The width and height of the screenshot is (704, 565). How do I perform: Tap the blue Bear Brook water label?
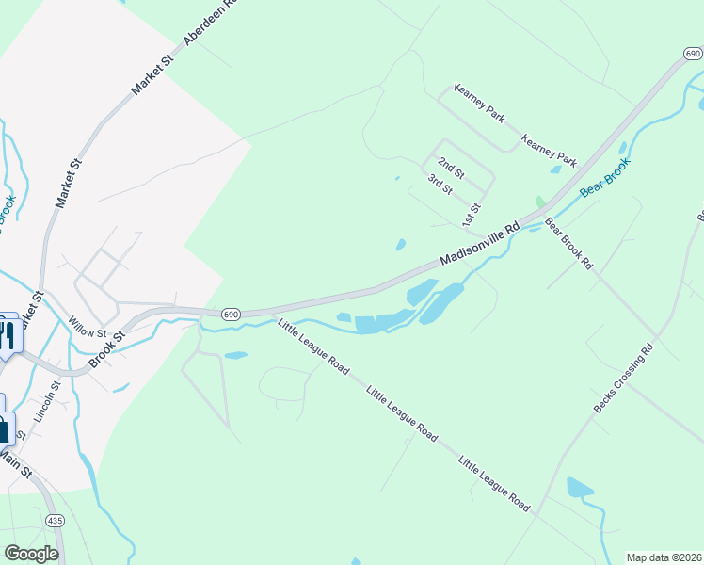click(x=604, y=177)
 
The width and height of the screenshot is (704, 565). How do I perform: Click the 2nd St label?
click(x=452, y=169)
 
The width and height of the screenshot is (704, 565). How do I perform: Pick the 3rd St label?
click(x=440, y=184)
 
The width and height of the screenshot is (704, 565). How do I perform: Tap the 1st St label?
click(x=472, y=214)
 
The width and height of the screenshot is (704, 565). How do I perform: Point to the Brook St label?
click(x=106, y=349)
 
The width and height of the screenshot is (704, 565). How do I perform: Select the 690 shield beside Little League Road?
click(x=232, y=313)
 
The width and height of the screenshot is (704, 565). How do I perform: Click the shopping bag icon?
click(x=4, y=429)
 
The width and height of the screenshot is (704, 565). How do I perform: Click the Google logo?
click(x=31, y=554)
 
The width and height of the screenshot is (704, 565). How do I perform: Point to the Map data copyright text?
click(x=664, y=557)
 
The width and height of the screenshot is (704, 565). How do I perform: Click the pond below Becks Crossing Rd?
click(x=579, y=487)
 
